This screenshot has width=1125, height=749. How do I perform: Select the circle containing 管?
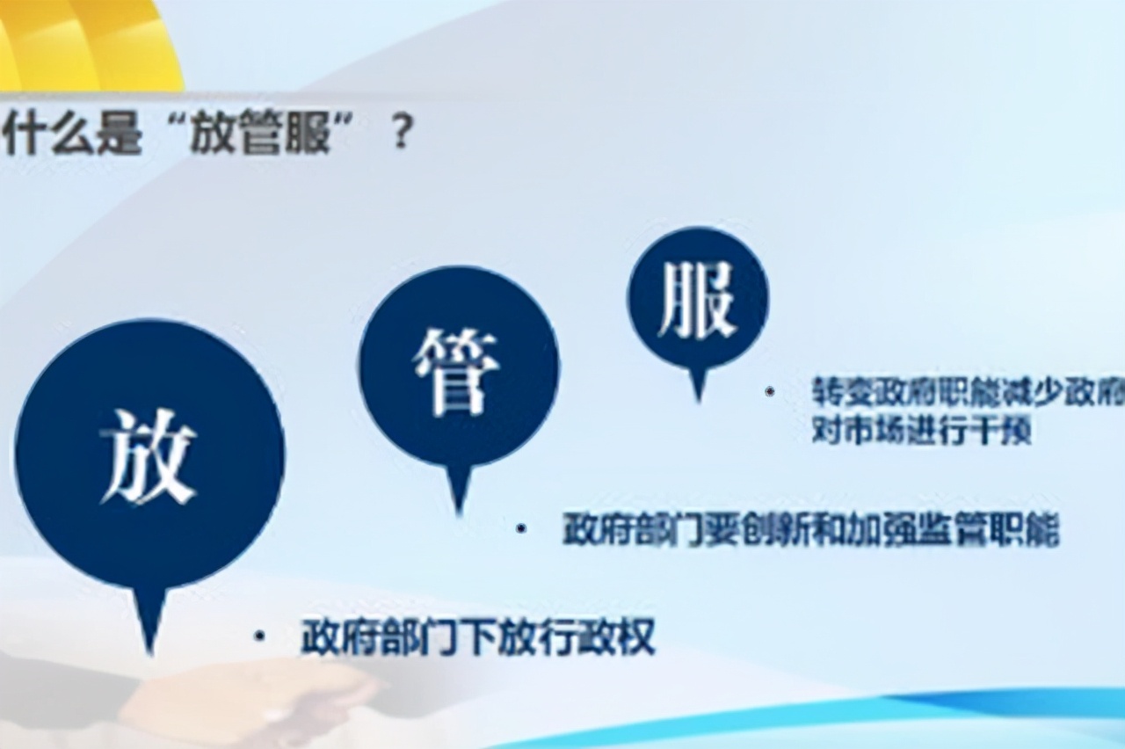458,367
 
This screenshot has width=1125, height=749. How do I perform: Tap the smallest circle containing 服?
698,299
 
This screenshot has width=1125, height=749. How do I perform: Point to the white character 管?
457,372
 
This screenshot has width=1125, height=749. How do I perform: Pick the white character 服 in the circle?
697,302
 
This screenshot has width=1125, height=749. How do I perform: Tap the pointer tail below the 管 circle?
458,489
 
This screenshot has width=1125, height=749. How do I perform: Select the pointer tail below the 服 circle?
699,383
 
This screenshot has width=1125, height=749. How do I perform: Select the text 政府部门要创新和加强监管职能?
810,530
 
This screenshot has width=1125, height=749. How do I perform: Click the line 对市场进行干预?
921,432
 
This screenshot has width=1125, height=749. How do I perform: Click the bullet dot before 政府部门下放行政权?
259,636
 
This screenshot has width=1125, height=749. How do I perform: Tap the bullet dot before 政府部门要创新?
521,529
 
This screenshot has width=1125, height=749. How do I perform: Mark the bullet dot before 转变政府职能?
770,391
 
